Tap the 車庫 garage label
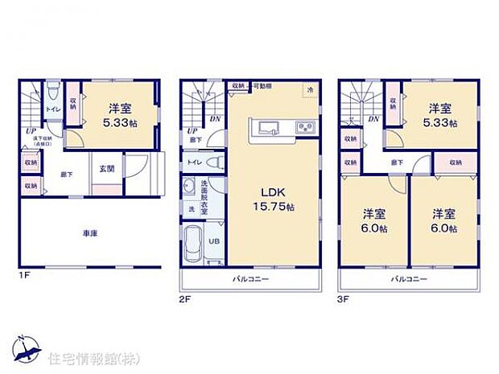(x=90, y=234)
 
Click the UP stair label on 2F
(x=192, y=131)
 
